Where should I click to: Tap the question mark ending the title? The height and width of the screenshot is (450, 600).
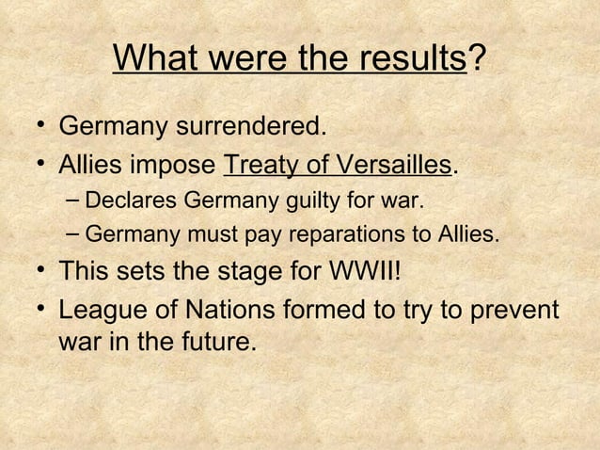pyautogui.click(x=477, y=60)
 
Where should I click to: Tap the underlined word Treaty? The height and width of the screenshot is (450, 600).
pyautogui.click(x=260, y=167)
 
